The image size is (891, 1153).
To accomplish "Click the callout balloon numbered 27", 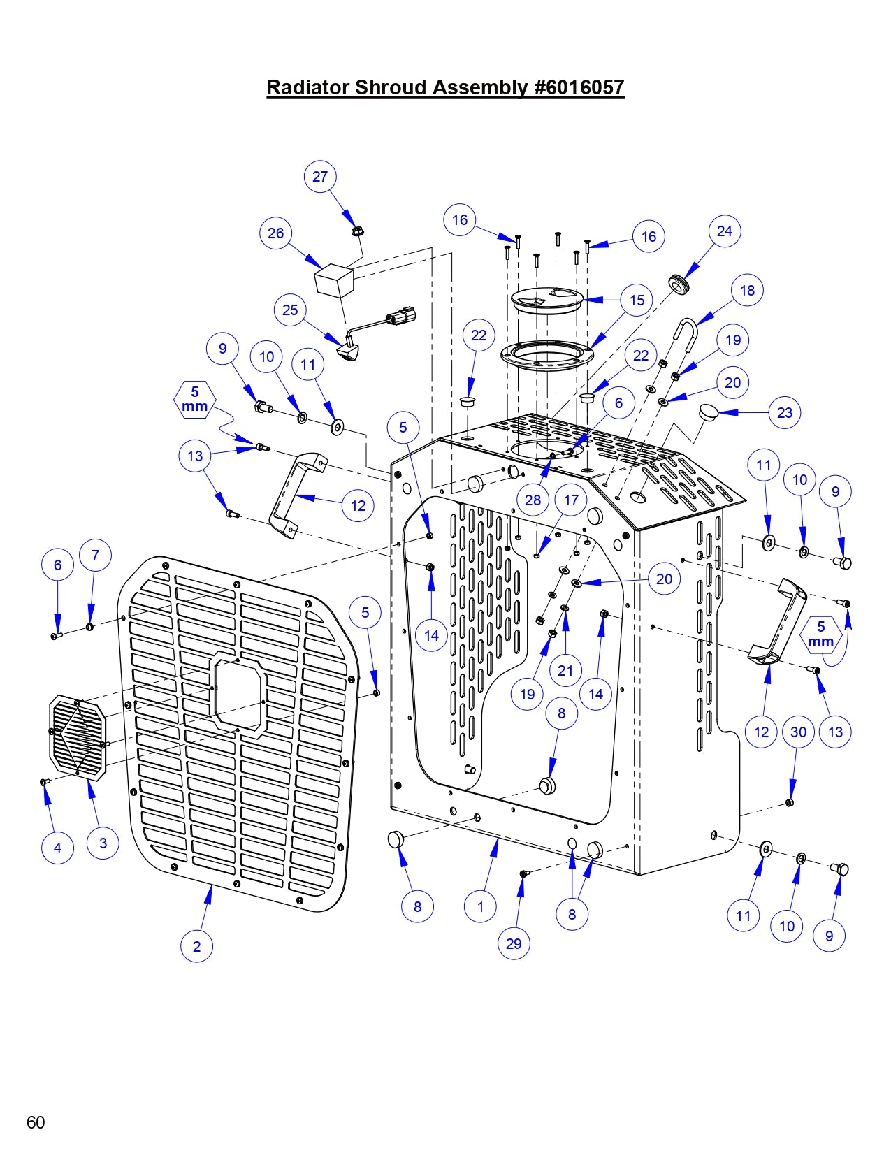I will coord(320,177).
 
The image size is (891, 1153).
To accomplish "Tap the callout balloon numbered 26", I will coord(276,233).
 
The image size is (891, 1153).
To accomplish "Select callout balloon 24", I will coord(725,231).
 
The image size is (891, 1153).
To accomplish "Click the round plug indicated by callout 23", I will coord(709,412).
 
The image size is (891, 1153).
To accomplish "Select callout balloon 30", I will coord(798,732).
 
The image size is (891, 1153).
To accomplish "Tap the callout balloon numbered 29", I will coord(514,943).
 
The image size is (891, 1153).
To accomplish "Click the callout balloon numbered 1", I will coord(480,907).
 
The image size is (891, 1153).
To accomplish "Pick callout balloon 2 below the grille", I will coord(196,946).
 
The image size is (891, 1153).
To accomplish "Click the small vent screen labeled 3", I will coord(78,737).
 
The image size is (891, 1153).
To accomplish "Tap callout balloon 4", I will coord(57,848).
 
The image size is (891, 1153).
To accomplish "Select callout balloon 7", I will coord(96,556).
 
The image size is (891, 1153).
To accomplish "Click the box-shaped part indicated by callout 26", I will coord(334,280).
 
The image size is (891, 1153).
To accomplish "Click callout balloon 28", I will coord(533,500).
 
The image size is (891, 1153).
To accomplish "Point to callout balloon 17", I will coord(571,500).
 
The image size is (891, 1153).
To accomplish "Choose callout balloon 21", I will coord(565,671).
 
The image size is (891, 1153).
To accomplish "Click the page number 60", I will coord(36,1122).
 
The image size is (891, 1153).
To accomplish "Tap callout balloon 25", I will coord(290,310).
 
